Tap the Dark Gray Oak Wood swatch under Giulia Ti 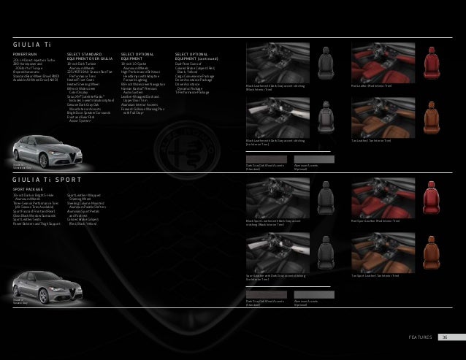(267, 158)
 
